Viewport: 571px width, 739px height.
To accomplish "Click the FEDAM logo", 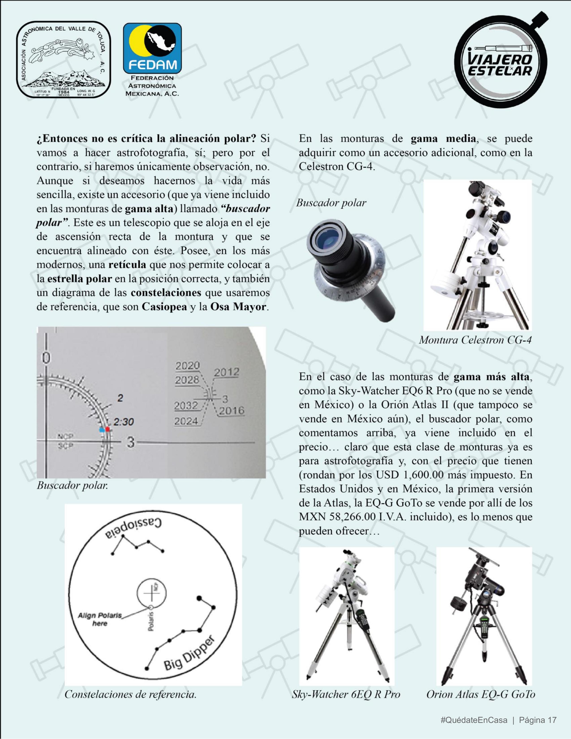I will pyautogui.click(x=152, y=48).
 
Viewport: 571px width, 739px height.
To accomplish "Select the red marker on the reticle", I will pyautogui.click(x=107, y=429).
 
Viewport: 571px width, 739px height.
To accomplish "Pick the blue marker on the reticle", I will pyautogui.click(x=101, y=430).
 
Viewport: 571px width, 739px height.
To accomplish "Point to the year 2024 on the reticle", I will pyautogui.click(x=186, y=421).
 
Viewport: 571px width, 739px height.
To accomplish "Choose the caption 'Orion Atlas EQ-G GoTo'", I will pyautogui.click(x=481, y=694).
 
